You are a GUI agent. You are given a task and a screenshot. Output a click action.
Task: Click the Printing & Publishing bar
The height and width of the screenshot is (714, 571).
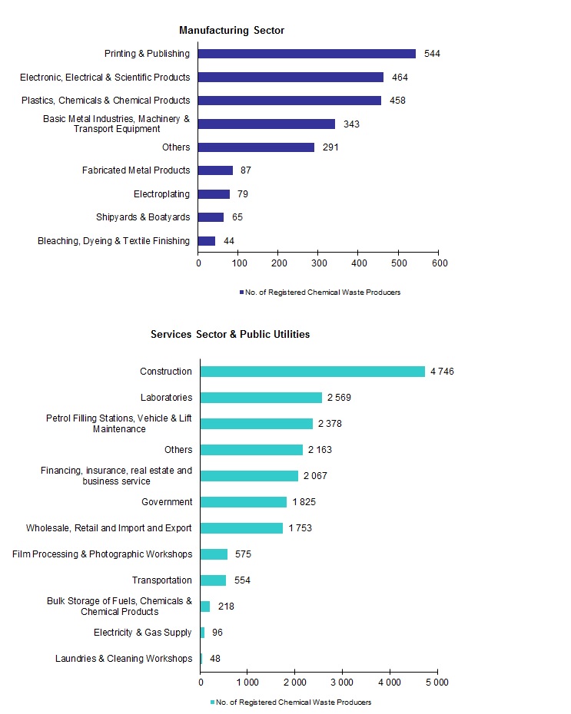click(x=307, y=54)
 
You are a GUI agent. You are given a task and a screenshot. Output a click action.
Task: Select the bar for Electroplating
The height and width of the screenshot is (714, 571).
click(x=214, y=194)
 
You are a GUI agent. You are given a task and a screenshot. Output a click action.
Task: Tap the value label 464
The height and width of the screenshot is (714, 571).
click(x=400, y=78)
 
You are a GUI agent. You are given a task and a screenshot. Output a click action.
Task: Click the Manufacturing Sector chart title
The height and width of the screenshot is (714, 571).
click(x=231, y=31)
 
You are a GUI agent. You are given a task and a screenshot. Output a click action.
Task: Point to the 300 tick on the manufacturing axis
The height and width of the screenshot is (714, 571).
click(x=318, y=263)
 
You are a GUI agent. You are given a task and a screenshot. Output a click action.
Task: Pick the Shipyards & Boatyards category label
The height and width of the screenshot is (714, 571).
click(x=143, y=217)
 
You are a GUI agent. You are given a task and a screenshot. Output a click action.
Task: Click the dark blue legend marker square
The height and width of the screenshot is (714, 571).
click(x=241, y=293)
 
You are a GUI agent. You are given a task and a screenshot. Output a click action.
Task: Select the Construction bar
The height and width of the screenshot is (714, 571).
click(x=312, y=372)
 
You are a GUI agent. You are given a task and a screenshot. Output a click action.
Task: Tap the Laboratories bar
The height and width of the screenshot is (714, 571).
click(x=261, y=398)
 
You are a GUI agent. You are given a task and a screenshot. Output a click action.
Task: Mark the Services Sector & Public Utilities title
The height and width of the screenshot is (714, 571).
click(x=230, y=335)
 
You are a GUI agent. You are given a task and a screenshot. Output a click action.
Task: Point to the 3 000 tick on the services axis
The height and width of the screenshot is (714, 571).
click(x=342, y=682)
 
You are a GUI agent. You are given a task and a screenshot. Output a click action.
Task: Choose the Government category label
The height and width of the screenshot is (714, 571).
click(x=167, y=502)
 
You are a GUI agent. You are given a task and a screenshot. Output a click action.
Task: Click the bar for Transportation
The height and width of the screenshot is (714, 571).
click(x=214, y=580)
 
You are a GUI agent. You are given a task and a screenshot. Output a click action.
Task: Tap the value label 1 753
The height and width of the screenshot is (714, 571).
click(x=300, y=528)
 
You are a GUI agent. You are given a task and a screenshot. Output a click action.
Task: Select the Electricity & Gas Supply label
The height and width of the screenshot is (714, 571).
click(x=143, y=633)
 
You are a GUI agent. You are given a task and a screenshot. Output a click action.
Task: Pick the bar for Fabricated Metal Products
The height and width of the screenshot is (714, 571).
click(x=215, y=170)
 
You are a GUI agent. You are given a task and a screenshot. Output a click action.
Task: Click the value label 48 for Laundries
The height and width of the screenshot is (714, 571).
click(x=215, y=659)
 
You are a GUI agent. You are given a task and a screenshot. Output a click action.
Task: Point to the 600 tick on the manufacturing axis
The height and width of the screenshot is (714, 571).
click(x=438, y=263)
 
